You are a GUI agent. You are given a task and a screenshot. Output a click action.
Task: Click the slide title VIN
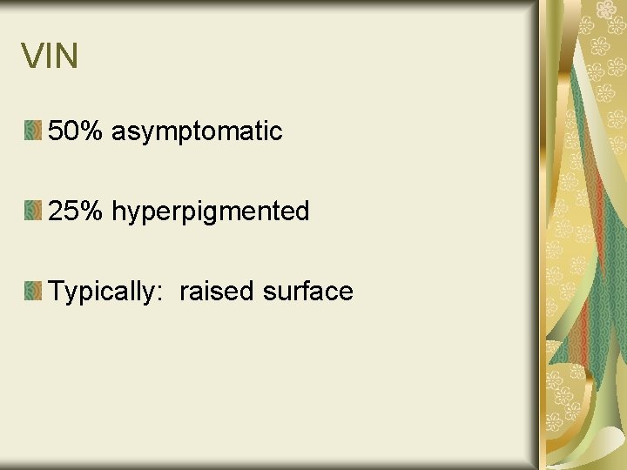pyautogui.click(x=50, y=57)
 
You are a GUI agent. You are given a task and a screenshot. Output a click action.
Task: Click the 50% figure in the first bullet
pyautogui.click(x=76, y=131)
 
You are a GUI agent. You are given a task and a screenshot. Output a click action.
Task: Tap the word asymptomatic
pyautogui.click(x=197, y=132)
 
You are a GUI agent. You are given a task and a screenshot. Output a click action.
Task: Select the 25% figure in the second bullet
pyautogui.click(x=76, y=211)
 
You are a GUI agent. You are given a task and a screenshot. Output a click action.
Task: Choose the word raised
pyautogui.click(x=217, y=291)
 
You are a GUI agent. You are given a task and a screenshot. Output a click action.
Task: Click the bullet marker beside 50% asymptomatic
pyautogui.click(x=32, y=131)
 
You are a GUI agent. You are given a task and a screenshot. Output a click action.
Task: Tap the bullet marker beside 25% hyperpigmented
pyautogui.click(x=32, y=211)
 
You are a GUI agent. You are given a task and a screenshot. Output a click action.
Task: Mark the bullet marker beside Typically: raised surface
pyautogui.click(x=32, y=291)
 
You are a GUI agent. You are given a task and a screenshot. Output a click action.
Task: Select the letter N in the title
pyautogui.click(x=66, y=57)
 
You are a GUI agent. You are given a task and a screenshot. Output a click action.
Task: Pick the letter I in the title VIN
pyautogui.click(x=49, y=57)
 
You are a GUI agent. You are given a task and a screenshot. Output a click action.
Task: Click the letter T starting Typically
pyautogui.click(x=57, y=291)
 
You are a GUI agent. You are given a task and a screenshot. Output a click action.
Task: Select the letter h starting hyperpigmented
pyautogui.click(x=118, y=211)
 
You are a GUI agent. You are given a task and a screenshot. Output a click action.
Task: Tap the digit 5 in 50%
pyautogui.click(x=56, y=131)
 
